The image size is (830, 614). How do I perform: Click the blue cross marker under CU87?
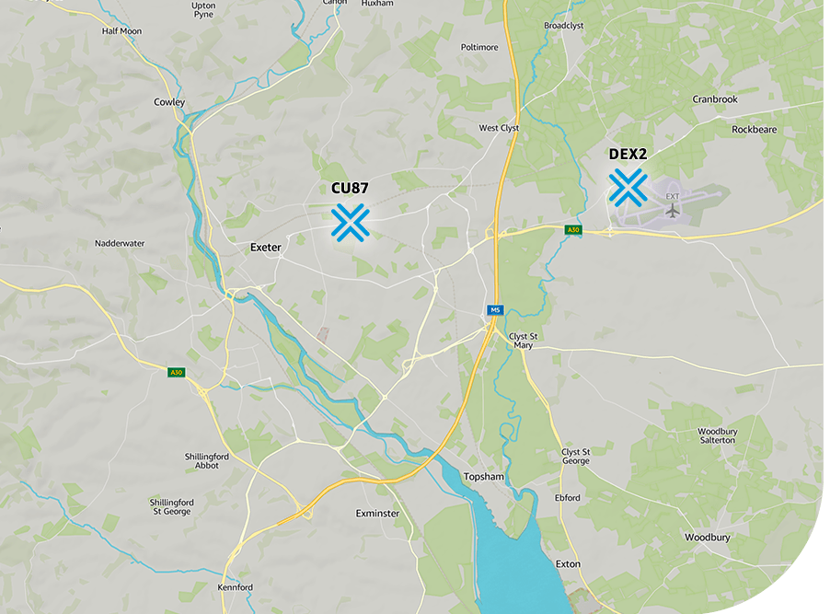coord(351,222)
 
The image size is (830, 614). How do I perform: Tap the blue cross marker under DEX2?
coord(628,187)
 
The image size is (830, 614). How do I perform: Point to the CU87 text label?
coord(350,188)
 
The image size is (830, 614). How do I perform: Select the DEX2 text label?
coord(628,154)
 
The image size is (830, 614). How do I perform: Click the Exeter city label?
coord(266,248)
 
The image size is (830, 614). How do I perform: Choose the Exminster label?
coord(377,513)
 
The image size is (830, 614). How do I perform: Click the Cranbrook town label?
coord(715,98)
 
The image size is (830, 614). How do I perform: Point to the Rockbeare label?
coord(754,130)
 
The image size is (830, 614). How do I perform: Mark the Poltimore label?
coord(479,47)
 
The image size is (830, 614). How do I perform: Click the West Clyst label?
coord(500,128)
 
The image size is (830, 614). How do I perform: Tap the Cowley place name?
coord(169,102)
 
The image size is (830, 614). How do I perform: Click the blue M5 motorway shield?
coord(495,310)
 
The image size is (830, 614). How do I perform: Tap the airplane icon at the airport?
coord(673,211)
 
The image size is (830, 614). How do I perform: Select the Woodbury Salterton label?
coord(717,435)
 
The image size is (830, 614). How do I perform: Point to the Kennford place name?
coord(235,587)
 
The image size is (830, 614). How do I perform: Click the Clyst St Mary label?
coord(523,341)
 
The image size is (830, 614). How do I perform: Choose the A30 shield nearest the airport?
coord(573,229)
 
